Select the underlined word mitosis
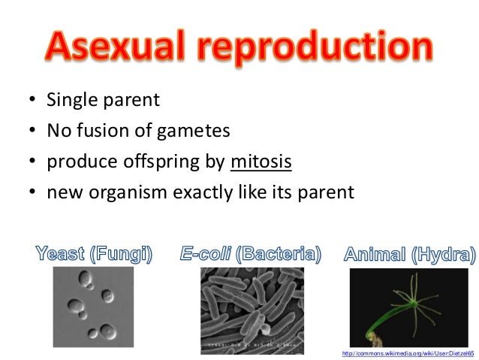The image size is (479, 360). click(261, 162)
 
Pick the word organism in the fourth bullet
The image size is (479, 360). click(130, 192)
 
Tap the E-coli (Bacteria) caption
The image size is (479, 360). click(251, 254)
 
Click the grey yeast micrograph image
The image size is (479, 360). click(93, 307)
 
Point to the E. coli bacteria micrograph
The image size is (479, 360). click(252, 310)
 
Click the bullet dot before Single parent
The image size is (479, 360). click(32, 101)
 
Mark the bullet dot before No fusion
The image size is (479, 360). click(32, 132)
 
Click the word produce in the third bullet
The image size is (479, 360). click(76, 162)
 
